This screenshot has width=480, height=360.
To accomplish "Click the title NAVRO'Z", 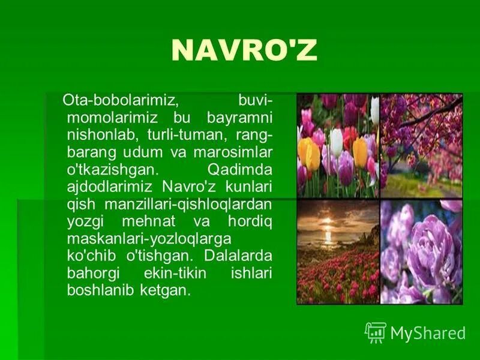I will [244, 52].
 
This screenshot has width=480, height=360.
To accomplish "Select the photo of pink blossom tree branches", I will [421, 145].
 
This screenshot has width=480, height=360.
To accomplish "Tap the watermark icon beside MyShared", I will [375, 332].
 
